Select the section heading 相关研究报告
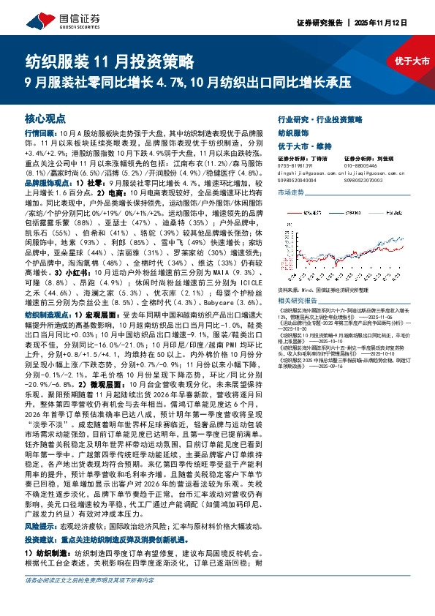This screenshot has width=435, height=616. pyautogui.click(x=300, y=301)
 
